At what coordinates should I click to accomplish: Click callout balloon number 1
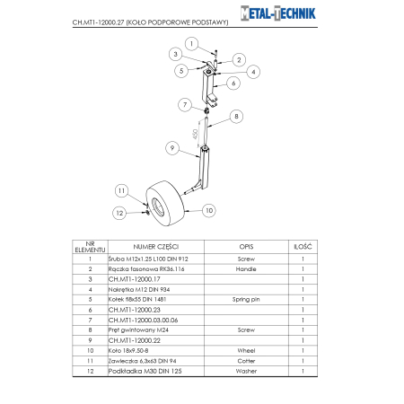pos(191,42)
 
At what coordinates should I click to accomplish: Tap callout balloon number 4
pos(254,71)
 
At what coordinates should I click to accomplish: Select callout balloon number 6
pos(233,82)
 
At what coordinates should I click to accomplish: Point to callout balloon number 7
pos(184,105)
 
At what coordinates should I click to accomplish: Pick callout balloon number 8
pos(237,116)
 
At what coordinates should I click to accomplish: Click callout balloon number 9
pos(170,147)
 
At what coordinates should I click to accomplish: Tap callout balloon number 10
pos(209,211)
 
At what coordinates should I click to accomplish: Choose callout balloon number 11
pos(121,190)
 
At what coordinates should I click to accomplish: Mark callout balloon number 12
pos(119,212)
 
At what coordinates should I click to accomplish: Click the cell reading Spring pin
pos(246,298)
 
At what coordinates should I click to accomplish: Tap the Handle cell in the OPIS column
pos(246,268)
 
